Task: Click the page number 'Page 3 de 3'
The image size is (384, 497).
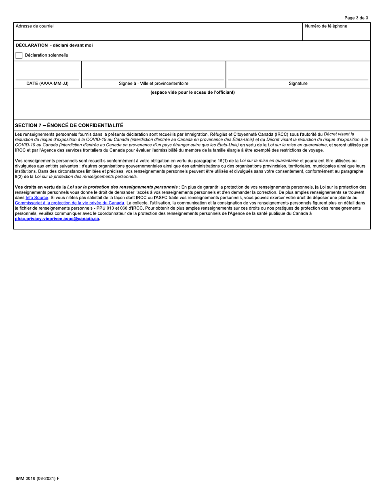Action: coord(356,18)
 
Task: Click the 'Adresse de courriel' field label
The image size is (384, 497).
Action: coord(34,26)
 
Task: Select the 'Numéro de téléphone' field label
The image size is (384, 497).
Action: coord(326,26)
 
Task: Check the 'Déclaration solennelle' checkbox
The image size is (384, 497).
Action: coord(19,55)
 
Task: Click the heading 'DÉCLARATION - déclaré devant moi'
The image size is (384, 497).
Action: coord(54,45)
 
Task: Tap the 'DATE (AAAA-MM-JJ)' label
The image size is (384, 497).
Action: coord(47,84)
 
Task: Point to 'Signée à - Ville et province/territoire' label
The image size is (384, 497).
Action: coord(153,84)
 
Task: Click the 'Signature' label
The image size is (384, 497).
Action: coord(298,84)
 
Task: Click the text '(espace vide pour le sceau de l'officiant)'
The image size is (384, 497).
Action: coord(192,93)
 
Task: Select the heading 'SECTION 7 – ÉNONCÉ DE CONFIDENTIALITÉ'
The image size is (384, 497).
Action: coord(69,125)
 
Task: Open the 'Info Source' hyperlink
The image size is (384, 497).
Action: coord(37,198)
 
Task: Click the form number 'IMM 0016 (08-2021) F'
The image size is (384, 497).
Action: coord(38,478)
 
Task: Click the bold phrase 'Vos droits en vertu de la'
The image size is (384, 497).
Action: coord(40,187)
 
